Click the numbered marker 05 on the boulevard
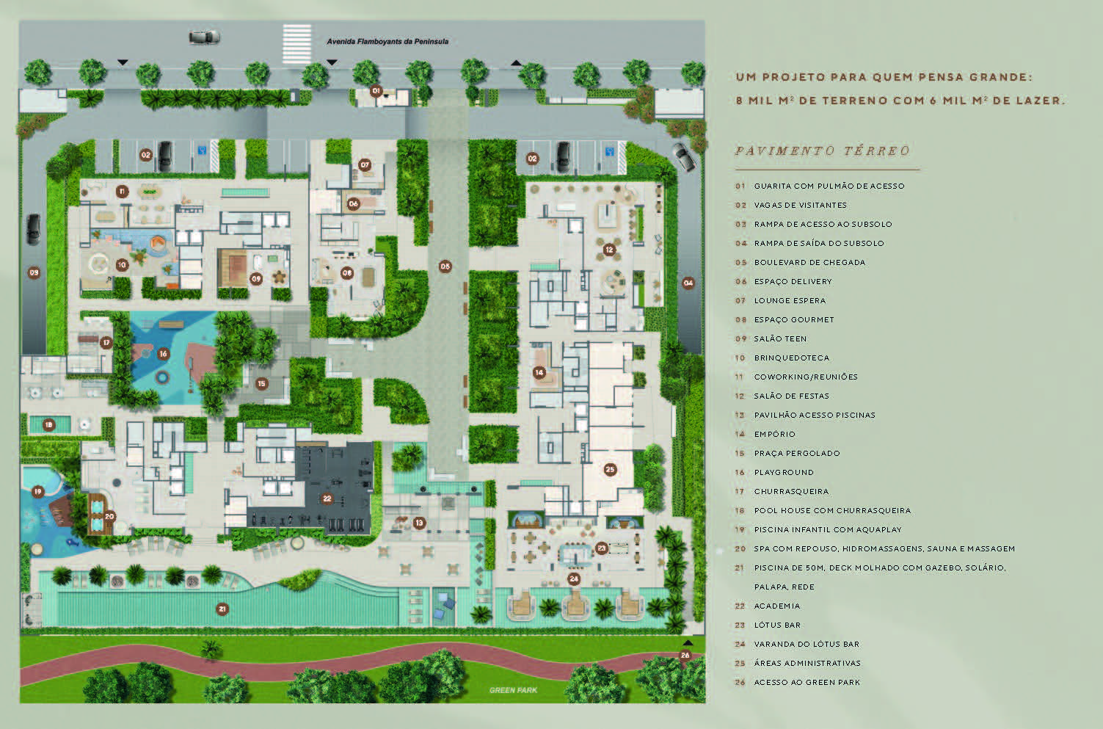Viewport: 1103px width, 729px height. coord(445,266)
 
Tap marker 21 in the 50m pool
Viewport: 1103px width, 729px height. coord(222,609)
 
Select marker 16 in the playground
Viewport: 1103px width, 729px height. coord(163,354)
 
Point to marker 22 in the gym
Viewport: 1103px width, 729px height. coord(327,498)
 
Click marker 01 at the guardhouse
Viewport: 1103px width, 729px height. coord(376,90)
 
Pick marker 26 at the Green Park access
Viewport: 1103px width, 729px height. coord(685,655)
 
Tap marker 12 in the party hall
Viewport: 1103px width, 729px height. coord(609,249)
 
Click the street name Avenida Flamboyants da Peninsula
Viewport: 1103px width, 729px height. coord(387,42)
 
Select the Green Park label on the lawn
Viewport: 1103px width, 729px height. coord(513,690)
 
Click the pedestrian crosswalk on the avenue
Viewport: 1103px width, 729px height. coord(297,44)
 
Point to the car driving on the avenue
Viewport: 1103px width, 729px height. coord(204,37)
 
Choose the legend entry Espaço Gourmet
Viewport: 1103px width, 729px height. coord(794,319)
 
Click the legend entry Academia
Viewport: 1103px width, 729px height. coord(777,606)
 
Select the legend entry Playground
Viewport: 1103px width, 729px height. coord(784,472)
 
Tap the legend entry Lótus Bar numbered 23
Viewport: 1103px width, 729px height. coord(777,625)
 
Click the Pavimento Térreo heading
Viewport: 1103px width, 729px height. coord(823,151)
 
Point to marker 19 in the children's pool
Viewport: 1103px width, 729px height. coord(37,491)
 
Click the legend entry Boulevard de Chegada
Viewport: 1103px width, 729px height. coord(809,263)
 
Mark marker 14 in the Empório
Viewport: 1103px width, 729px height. coord(539,372)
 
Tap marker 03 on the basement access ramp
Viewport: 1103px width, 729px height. coord(34,272)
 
